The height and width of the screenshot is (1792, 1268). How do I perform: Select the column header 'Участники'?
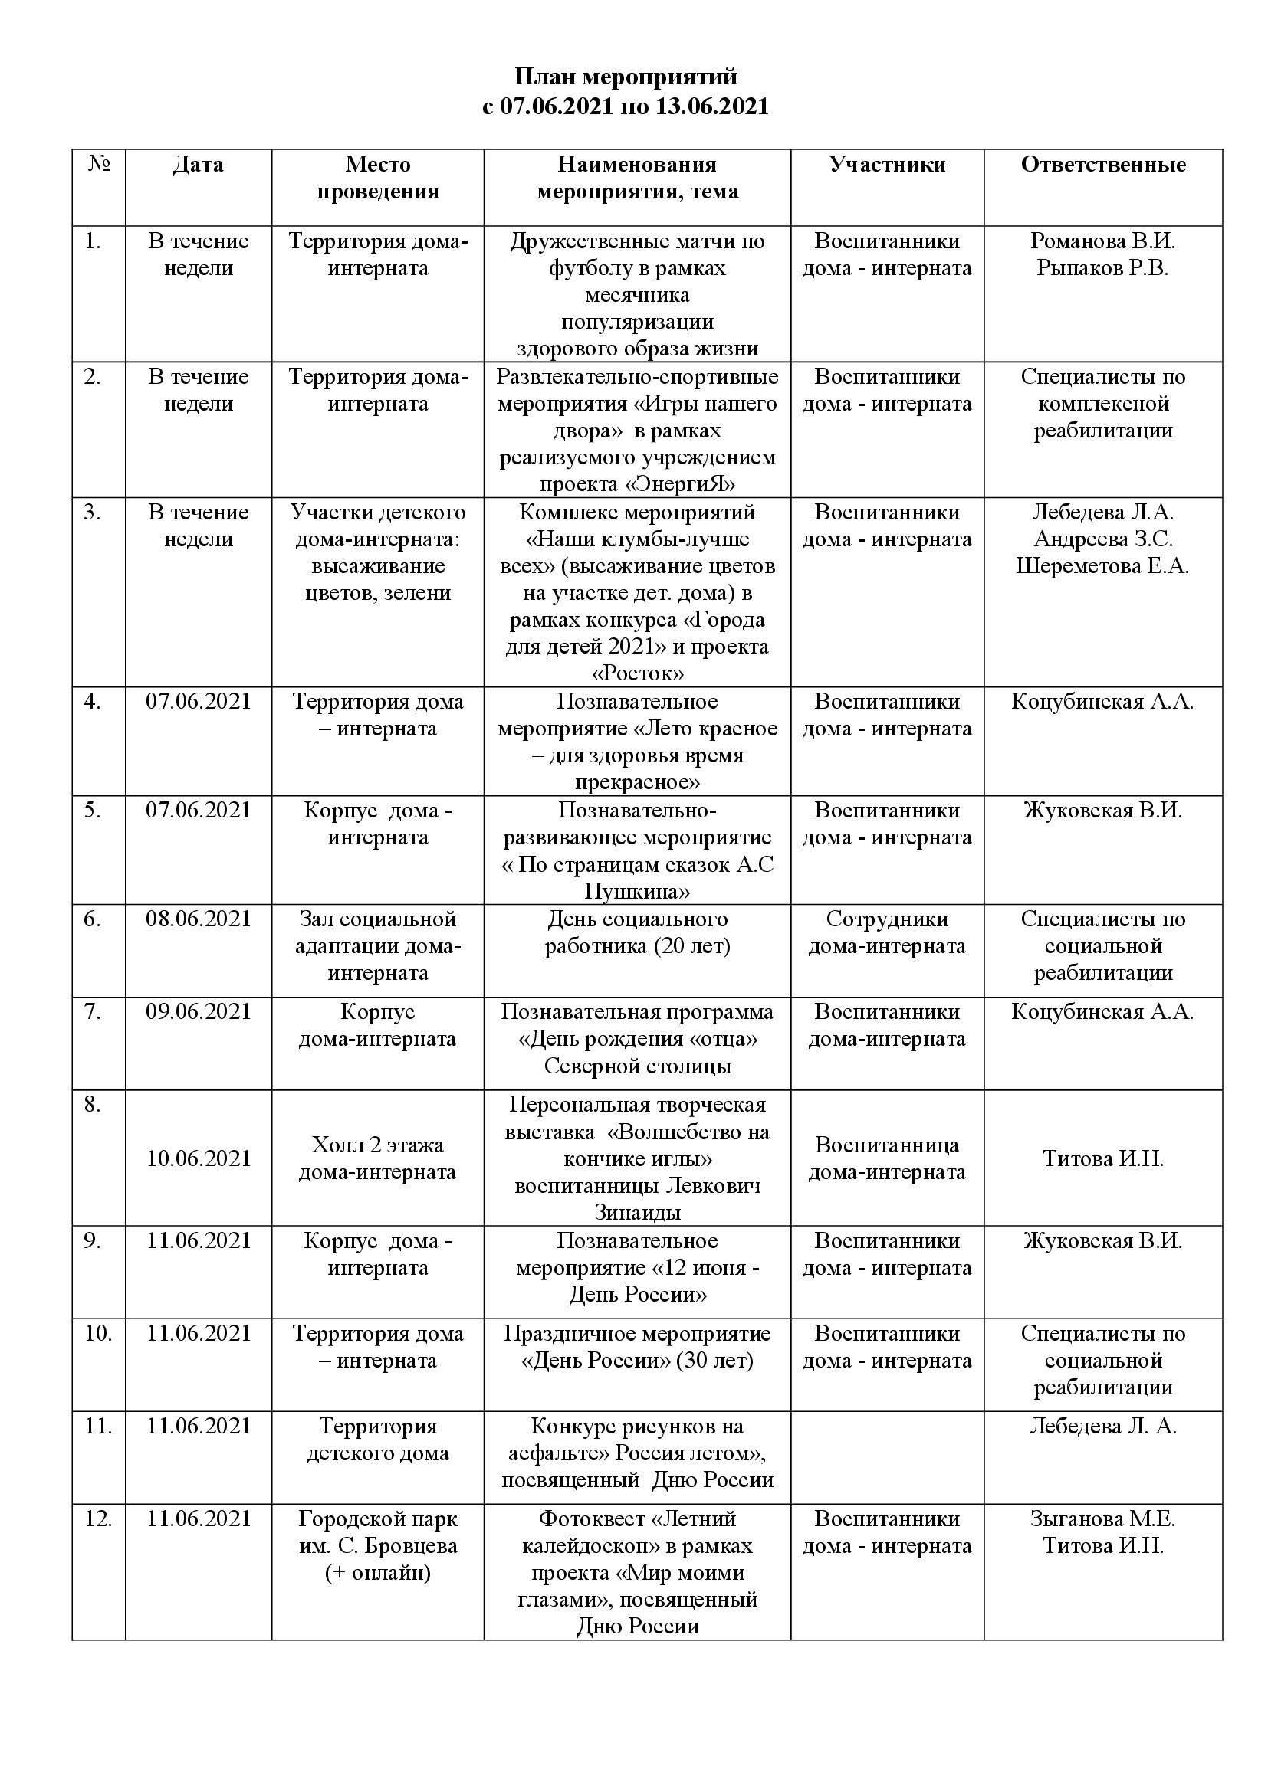(887, 165)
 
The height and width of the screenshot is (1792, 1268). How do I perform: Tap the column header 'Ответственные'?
(1102, 165)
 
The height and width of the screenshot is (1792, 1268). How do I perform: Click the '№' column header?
(99, 165)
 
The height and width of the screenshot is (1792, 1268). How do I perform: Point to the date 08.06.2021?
(199, 919)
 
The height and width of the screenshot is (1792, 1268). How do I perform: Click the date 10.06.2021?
(199, 1158)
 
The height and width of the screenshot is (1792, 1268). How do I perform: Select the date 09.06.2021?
(199, 1011)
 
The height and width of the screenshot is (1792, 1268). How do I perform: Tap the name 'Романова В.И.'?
(1102, 241)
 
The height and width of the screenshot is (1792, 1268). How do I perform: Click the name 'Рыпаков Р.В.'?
(1102, 267)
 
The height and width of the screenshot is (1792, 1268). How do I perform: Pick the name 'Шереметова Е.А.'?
(1102, 566)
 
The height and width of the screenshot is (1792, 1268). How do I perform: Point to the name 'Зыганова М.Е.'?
(1102, 1518)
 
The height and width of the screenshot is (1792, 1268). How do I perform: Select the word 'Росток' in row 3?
(638, 673)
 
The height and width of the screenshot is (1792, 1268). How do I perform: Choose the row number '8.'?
(93, 1105)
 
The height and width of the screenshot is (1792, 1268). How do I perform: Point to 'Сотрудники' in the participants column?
(887, 919)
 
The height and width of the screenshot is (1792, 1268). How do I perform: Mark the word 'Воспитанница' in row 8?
(887, 1145)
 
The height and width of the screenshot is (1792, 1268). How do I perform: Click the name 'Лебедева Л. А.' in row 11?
(1102, 1426)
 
